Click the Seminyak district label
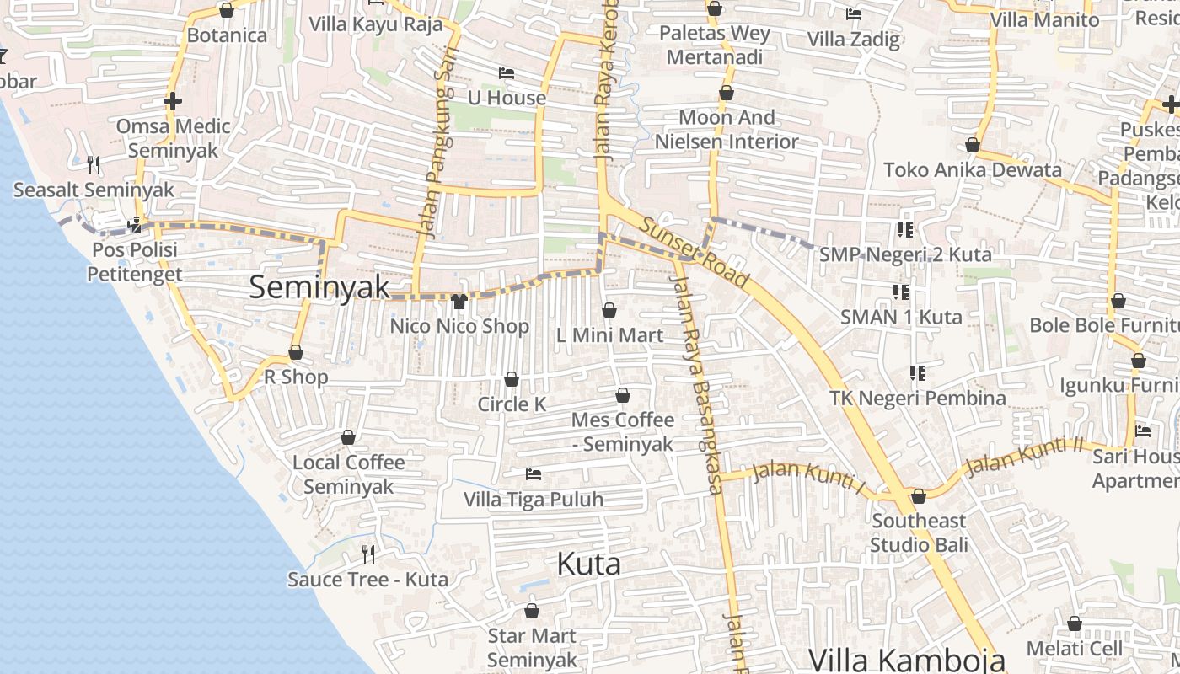319,287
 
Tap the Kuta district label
589,564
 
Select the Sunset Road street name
695,251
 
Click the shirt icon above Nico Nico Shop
459,302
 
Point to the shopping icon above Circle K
512,380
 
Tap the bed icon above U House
507,73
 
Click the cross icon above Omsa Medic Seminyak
173,102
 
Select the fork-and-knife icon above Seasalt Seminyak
94,164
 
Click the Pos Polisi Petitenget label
135,262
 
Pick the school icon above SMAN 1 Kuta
901,292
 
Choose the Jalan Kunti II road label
1023,456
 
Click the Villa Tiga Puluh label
534,500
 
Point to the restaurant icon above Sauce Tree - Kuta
368,554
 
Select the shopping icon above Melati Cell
1075,624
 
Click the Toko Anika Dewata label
973,170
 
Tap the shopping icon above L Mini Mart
609,311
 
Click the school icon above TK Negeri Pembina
918,372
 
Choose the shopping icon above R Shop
296,353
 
